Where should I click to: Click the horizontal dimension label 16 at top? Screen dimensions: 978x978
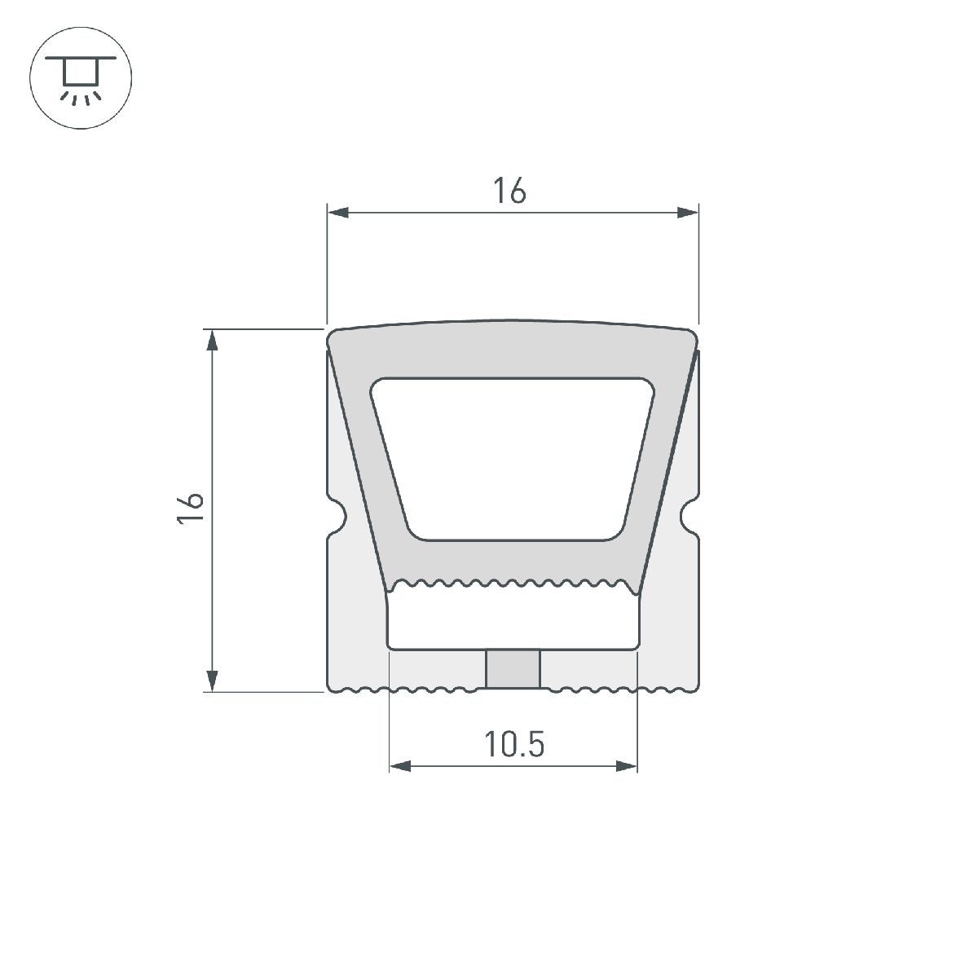click(x=509, y=191)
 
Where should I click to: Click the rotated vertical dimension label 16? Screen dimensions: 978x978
click(x=191, y=509)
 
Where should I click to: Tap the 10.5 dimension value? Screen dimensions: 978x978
click(x=513, y=744)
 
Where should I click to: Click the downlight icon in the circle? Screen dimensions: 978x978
click(x=80, y=80)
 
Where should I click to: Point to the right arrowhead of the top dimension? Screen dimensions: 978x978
click(x=688, y=214)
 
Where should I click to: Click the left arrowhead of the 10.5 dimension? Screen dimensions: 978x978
click(x=400, y=766)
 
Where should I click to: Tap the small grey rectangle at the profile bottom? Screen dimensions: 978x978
click(x=513, y=669)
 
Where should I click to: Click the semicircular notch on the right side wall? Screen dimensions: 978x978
click(x=689, y=515)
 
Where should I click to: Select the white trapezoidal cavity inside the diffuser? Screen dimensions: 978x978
click(x=513, y=456)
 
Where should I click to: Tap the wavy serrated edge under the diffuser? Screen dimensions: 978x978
click(x=513, y=584)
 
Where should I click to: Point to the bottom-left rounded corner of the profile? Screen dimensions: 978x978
click(x=332, y=687)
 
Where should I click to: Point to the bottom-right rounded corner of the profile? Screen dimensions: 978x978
click(x=694, y=687)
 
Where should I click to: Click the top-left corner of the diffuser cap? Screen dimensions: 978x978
click(x=332, y=334)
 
